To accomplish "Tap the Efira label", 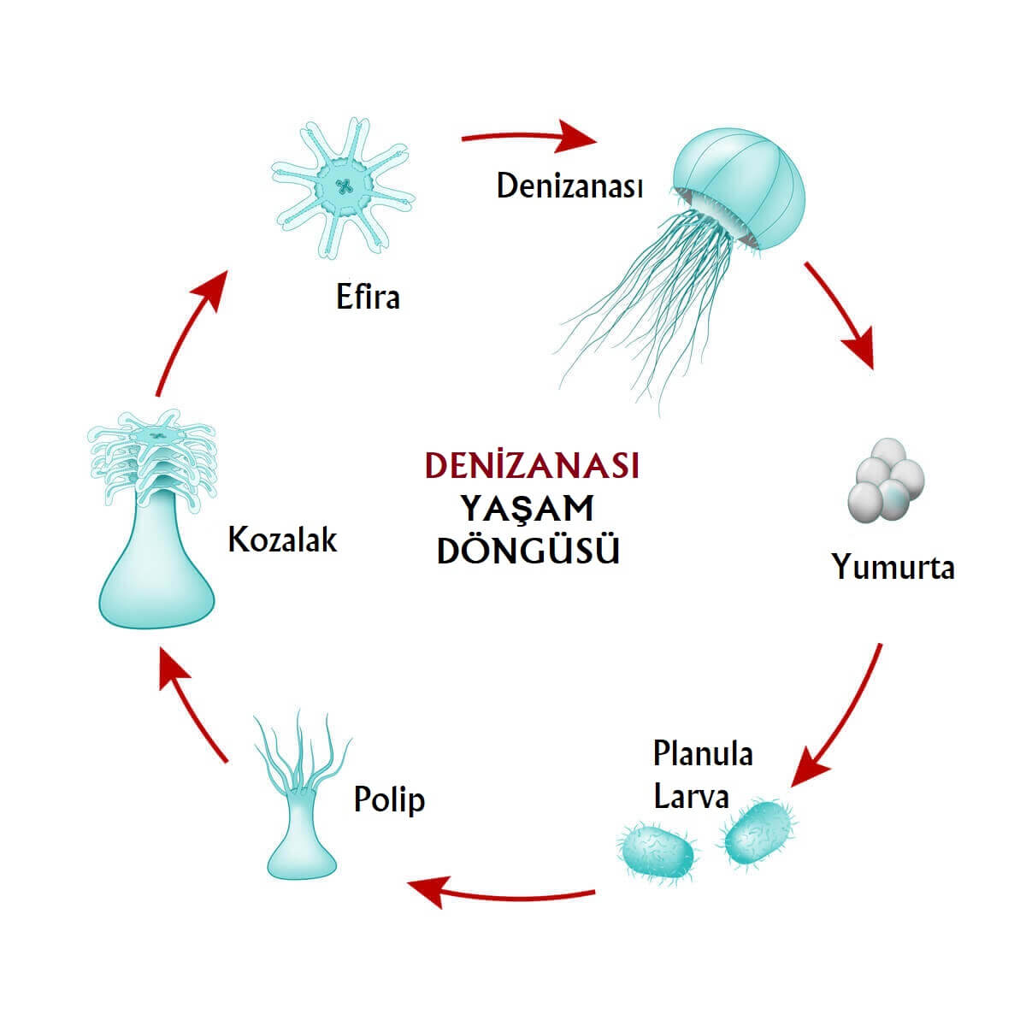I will click(368, 298).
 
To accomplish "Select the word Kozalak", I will click(282, 540).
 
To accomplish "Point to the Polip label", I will click(389, 799).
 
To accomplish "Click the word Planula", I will click(703, 754).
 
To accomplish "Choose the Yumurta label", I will click(893, 567).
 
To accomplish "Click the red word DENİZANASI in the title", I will click(532, 466).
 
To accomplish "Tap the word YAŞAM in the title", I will click(528, 509).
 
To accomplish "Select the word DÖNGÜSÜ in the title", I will click(528, 551).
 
